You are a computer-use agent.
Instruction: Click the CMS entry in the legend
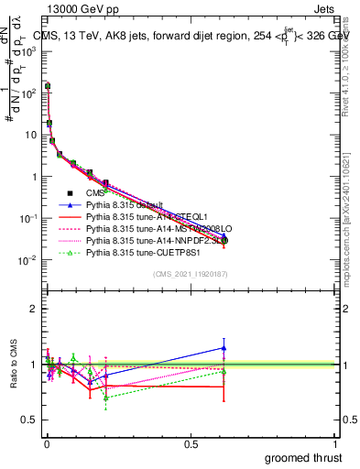(x=95, y=192)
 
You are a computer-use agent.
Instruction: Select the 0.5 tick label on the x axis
(x=191, y=442)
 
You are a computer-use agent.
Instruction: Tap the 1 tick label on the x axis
(x=335, y=442)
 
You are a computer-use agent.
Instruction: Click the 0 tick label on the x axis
(x=47, y=442)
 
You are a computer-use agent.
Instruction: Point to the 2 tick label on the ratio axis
(x=34, y=309)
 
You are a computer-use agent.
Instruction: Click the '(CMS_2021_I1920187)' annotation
(x=190, y=273)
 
